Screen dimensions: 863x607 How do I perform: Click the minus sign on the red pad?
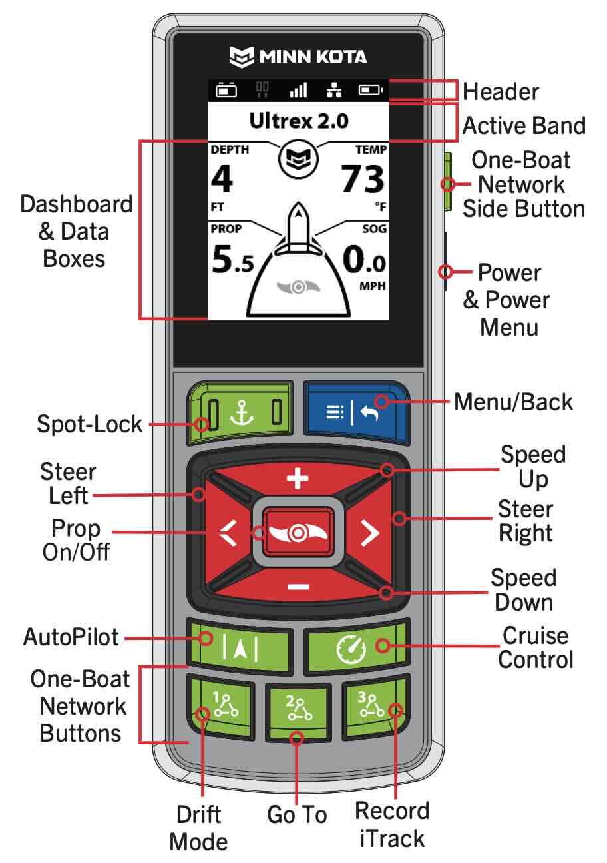tap(298, 586)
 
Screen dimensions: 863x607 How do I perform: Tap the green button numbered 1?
tap(221, 709)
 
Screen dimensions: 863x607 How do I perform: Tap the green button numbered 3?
tap(373, 709)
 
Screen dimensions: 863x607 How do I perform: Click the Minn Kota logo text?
tap(298, 56)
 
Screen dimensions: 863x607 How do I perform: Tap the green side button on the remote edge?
tap(447, 181)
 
